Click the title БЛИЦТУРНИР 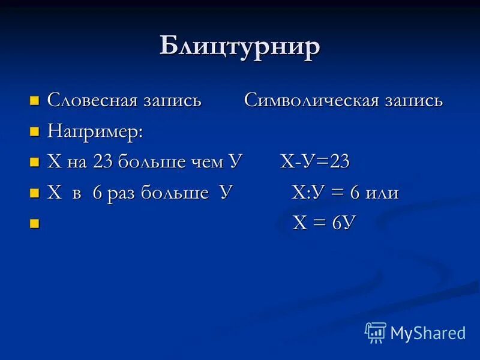tap(239, 46)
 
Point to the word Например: tap(95, 131)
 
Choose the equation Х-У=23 tap(315, 162)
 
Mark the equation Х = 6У tap(324, 223)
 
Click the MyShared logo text tap(428, 333)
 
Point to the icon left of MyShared tap(376, 332)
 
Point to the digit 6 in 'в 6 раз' tap(97, 193)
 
